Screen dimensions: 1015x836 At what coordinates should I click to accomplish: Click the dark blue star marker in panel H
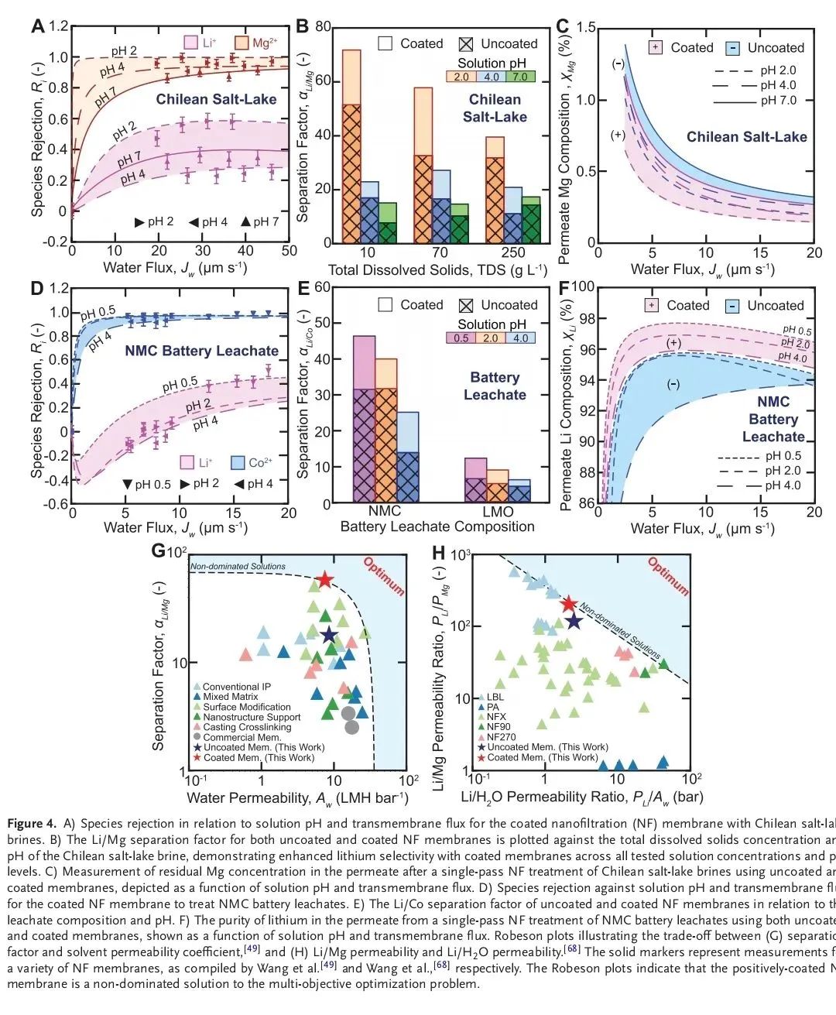[574, 620]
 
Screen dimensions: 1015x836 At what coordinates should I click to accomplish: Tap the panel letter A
[38, 27]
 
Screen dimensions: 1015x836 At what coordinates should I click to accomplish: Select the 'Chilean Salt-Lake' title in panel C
[746, 137]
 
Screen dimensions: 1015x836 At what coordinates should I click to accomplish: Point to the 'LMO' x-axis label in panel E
[498, 512]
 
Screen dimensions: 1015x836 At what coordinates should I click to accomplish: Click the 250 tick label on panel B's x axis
[512, 252]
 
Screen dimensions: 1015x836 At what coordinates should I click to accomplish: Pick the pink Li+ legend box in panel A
[190, 43]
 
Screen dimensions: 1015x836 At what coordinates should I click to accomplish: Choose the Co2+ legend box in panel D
[235, 463]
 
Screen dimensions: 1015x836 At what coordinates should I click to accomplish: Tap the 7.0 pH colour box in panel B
[518, 77]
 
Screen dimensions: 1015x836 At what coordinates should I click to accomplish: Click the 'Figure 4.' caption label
[32, 823]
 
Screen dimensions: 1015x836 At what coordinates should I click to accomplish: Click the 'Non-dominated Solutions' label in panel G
[238, 567]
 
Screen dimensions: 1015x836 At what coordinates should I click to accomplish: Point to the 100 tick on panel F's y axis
[582, 288]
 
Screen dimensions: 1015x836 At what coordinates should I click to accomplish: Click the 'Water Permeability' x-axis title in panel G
[297, 797]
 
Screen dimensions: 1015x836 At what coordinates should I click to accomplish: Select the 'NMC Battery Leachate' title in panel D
[201, 351]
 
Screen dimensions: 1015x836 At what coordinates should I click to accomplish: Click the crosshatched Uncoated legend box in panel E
[467, 305]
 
